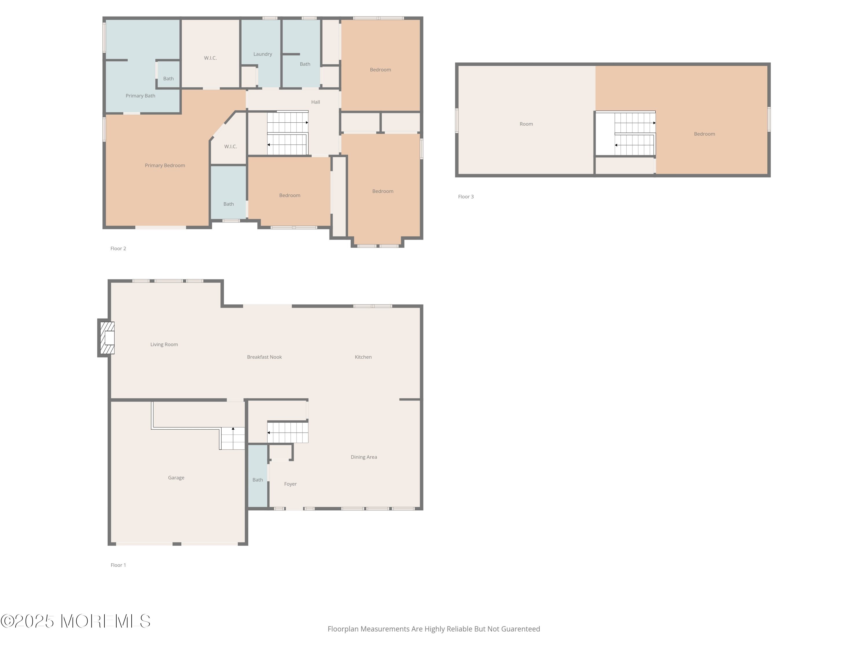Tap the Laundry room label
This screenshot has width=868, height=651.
point(262,54)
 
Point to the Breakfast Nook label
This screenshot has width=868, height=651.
point(264,357)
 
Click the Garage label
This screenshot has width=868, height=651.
point(176,478)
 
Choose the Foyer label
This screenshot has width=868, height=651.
point(290,484)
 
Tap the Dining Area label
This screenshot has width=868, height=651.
point(364,457)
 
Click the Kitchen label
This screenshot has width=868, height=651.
point(363,357)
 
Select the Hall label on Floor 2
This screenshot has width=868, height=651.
point(315,102)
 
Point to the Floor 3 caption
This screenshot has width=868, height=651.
point(466,196)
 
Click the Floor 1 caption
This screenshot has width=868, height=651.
point(118,565)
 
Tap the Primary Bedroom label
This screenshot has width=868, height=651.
point(165,165)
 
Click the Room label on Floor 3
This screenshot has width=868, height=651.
point(526,124)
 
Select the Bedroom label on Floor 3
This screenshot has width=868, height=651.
point(704,134)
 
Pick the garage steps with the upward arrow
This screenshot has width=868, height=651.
point(232,438)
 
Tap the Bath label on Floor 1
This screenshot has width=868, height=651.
point(258,480)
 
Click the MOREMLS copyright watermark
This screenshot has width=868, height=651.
point(75,621)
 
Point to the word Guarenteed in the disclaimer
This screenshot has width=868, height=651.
point(521,629)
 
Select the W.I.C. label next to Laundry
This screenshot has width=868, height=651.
point(210,58)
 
